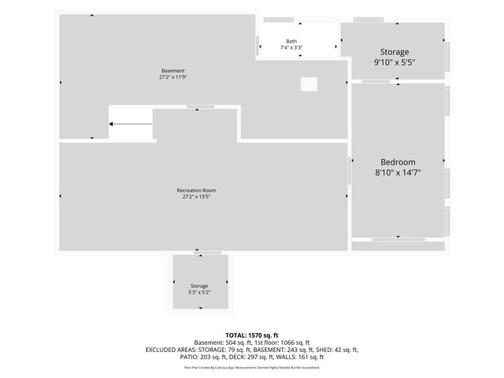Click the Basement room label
click(x=172, y=71)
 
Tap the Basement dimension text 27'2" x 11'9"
click(x=172, y=77)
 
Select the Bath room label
click(x=291, y=41)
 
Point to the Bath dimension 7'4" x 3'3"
click(x=291, y=48)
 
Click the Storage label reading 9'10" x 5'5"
click(x=394, y=61)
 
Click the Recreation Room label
click(x=196, y=191)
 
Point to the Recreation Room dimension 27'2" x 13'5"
click(x=196, y=197)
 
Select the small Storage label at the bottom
click(x=199, y=286)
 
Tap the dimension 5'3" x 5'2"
click(x=199, y=292)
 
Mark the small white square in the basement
click(x=309, y=84)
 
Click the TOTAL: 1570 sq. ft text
click(x=252, y=335)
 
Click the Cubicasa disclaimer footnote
click(x=252, y=367)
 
